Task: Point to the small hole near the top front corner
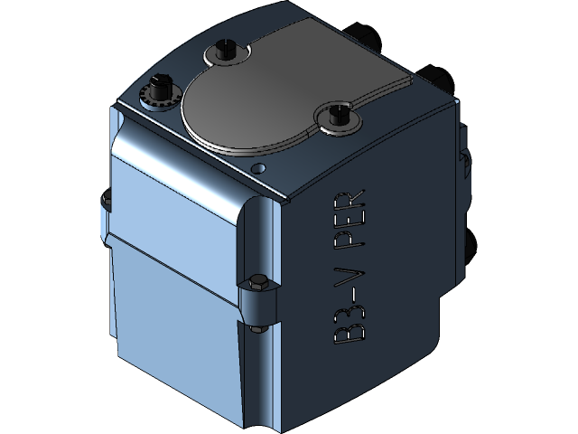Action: click(259, 168)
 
